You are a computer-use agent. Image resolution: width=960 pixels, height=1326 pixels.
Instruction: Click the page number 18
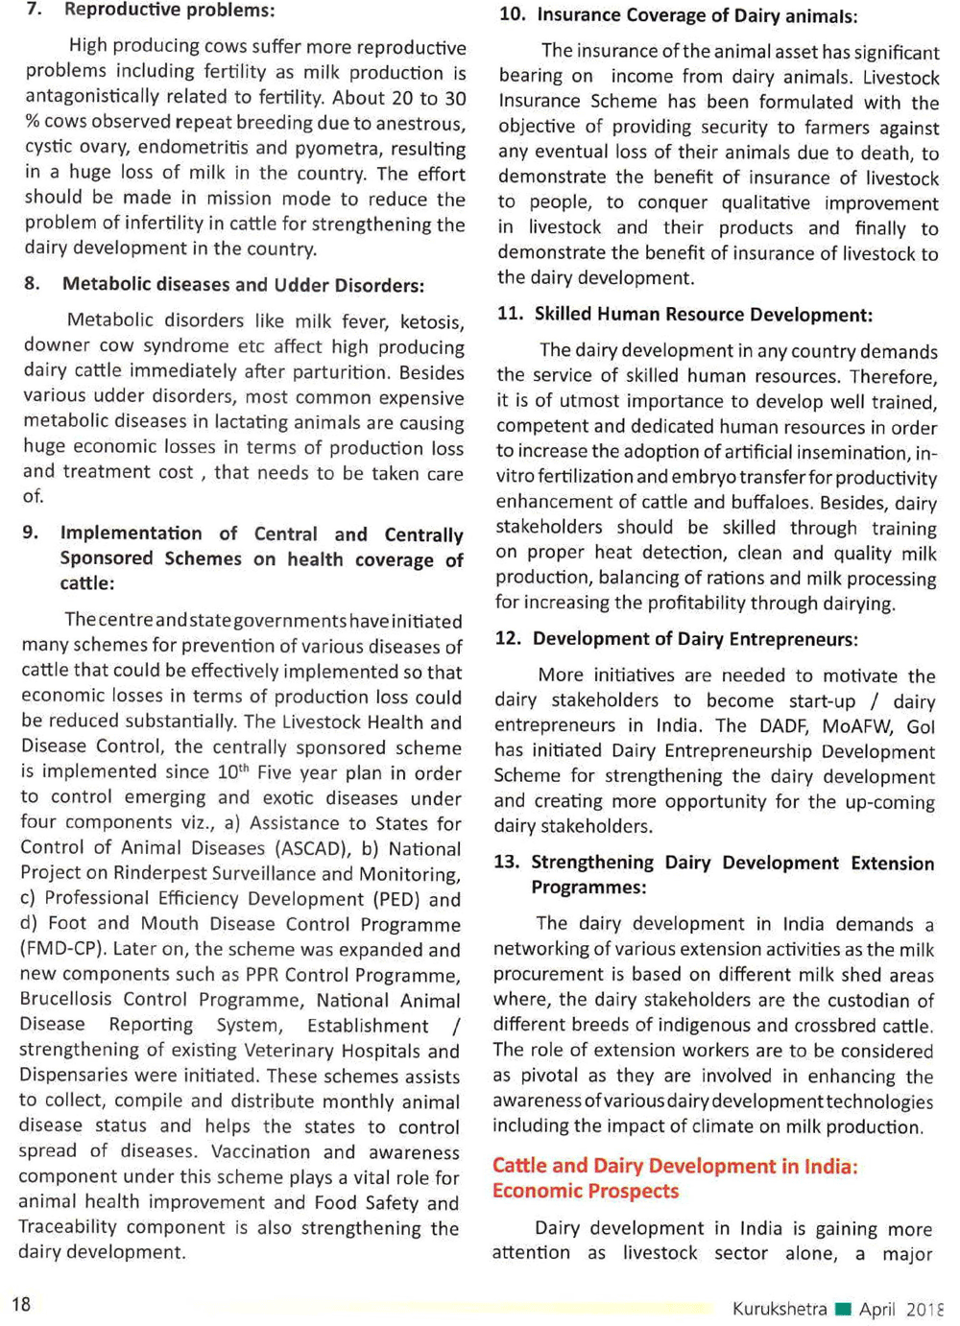click(21, 1304)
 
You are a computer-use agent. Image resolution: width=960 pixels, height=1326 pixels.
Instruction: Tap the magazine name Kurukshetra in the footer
click(779, 1309)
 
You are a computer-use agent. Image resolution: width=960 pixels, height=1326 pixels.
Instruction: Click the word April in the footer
click(877, 1310)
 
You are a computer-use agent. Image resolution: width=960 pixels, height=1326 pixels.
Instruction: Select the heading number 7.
click(34, 10)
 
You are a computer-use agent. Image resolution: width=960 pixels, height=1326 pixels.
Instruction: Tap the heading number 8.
click(33, 284)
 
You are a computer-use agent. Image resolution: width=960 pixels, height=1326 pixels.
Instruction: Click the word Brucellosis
click(66, 1000)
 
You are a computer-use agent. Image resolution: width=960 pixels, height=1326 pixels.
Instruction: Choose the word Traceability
click(67, 1227)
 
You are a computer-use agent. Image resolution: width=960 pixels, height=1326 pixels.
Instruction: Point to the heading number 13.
click(506, 863)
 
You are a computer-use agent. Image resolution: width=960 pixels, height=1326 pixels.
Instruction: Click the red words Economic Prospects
click(585, 1192)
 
